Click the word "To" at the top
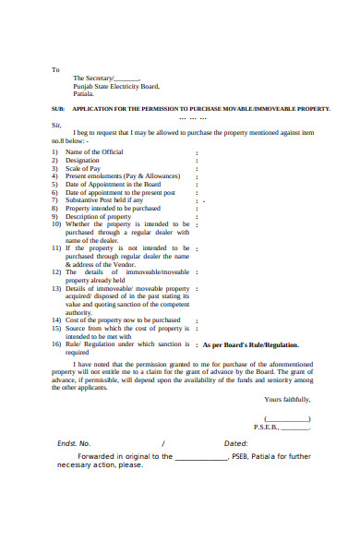pyautogui.click(x=54, y=69)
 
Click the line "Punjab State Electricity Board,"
pyautogui.click(x=116, y=86)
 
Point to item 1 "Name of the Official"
pyautogui.click(x=94, y=151)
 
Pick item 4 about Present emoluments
pyautogui.click(x=120, y=175)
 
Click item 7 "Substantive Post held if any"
pyautogui.click(x=104, y=199)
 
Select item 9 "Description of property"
pyautogui.click(x=100, y=216)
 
